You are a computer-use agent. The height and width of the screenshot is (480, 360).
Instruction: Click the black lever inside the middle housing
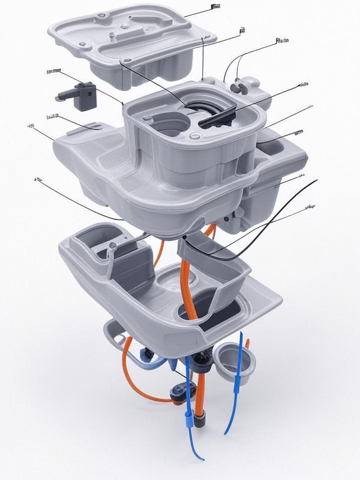tap(216, 119)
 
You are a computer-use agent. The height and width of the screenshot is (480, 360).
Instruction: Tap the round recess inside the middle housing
tap(168, 122)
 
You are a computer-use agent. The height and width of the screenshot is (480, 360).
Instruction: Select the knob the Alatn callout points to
tap(240, 86)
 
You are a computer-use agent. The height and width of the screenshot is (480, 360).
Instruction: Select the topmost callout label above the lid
tap(215, 6)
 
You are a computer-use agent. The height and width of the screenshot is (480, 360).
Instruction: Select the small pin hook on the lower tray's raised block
tap(112, 246)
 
